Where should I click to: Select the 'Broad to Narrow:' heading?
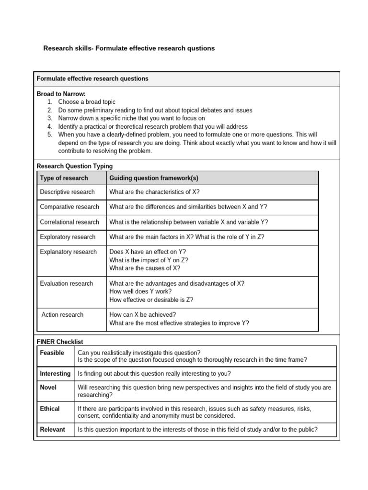pos(61,94)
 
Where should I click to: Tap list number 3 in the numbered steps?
pos(50,118)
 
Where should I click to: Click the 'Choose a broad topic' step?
pos(87,102)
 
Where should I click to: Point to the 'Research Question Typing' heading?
pos(75,166)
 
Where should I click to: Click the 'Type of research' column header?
pos(64,178)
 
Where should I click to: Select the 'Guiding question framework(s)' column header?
pos(154,178)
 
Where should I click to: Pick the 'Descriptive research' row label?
pos(67,192)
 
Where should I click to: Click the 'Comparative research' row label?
pos(69,207)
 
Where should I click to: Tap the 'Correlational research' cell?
pos(69,222)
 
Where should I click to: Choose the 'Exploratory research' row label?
pos(68,237)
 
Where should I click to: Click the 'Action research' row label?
pos(62,314)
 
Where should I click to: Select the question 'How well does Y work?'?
pos(140,291)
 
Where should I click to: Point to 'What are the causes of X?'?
pos(145,268)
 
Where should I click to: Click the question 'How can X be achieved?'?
pos(143,314)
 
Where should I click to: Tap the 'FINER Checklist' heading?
pos(60,342)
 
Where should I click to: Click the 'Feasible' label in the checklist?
pos(52,353)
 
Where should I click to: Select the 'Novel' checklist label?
pos(48,387)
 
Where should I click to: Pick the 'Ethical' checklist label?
pos(50,409)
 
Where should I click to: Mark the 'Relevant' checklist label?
pos(53,429)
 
